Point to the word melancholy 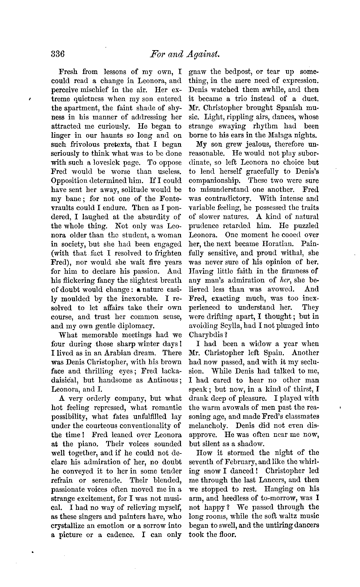click(x=210, y=425)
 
